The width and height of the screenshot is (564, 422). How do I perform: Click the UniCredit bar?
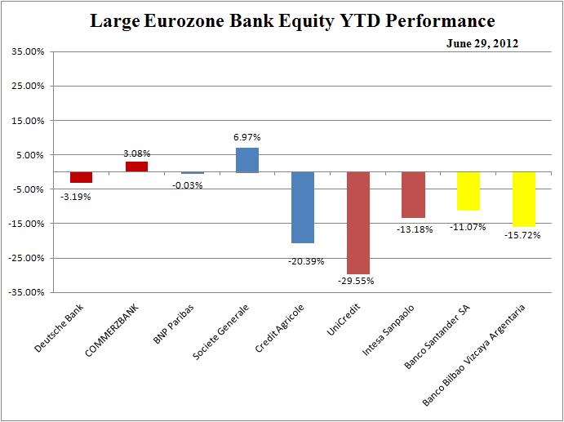click(357, 223)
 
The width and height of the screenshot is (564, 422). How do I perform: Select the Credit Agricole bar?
click(302, 207)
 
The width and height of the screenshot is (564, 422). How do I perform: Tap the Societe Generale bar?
click(247, 160)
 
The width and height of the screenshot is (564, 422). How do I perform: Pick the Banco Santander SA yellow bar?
click(468, 191)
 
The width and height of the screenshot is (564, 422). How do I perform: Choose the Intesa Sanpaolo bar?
click(413, 195)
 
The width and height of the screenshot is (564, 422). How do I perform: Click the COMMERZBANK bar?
click(136, 167)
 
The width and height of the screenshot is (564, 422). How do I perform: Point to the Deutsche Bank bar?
click(81, 177)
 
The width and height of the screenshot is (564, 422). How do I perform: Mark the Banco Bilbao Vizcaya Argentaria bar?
click(523, 199)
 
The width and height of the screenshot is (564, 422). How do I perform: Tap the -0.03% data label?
click(191, 184)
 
